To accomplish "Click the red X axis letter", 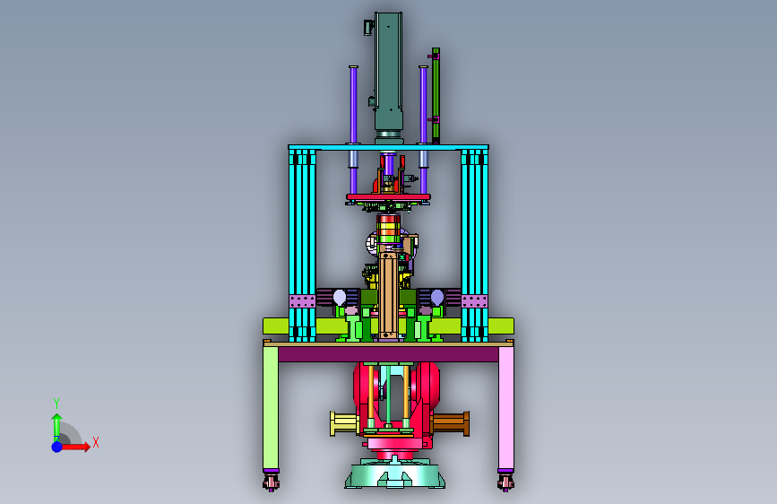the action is click(x=96, y=442).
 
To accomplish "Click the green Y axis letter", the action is click(x=56, y=403).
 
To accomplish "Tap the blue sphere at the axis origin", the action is click(x=57, y=447).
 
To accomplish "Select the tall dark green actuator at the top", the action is click(x=389, y=77).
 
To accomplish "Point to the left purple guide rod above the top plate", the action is click(x=353, y=104).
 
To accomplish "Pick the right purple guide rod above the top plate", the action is click(x=423, y=104).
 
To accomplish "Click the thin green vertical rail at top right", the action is click(x=436, y=96).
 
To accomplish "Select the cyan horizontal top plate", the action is click(x=389, y=147).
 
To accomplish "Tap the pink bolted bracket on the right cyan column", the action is click(x=475, y=301).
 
